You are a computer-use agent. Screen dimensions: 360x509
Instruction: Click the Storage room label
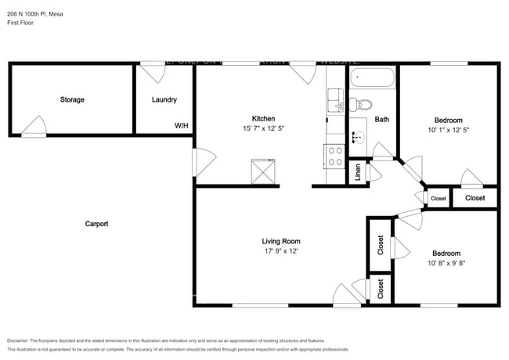click(x=72, y=99)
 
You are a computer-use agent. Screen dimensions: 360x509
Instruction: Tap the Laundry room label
click(x=164, y=99)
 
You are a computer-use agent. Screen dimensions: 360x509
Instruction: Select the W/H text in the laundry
click(x=181, y=125)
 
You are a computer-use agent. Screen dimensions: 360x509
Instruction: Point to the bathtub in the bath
click(x=373, y=78)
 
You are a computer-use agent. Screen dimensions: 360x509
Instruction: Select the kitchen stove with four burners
click(x=335, y=156)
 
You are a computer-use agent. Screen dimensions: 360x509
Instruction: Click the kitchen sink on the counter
click(x=336, y=100)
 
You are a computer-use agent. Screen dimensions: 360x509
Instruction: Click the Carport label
click(x=96, y=224)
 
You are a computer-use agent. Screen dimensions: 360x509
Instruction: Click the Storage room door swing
click(x=34, y=127)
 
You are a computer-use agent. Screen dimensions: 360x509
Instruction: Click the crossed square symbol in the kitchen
click(x=265, y=171)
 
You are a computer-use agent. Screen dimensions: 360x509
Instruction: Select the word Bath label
click(x=382, y=120)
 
